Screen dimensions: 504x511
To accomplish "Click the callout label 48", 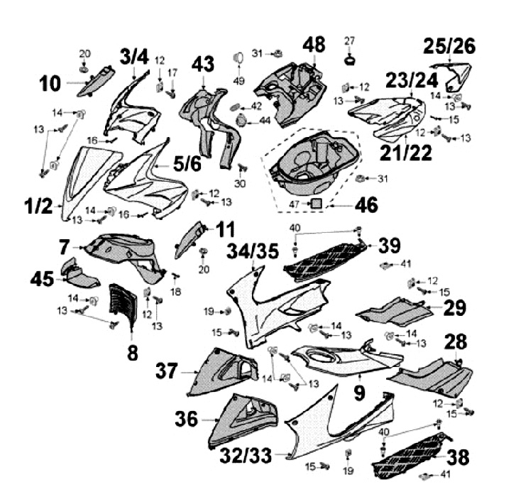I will coord(314,45).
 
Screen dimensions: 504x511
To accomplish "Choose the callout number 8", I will coord(133,352).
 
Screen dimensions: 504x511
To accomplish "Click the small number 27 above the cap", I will coord(349,39).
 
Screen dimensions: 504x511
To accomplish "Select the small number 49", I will coord(239,81).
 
